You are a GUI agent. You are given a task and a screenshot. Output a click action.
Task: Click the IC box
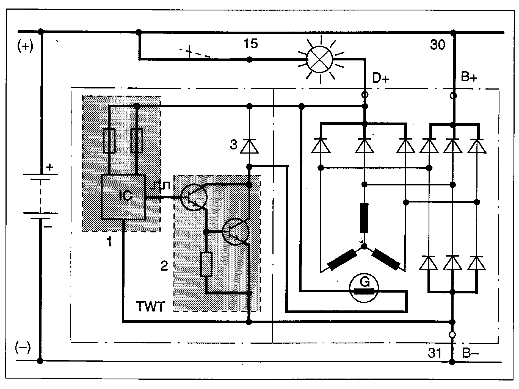pos(123,197)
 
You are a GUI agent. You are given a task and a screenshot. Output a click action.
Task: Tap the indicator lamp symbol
pos(320,60)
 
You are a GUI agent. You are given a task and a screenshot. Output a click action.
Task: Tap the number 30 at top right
pos(438,45)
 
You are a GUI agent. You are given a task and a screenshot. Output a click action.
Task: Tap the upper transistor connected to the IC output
pos(194,197)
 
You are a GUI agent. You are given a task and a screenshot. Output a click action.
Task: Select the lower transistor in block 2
pos(236,232)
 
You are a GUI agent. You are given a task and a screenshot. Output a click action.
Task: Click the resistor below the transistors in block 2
pos(206,264)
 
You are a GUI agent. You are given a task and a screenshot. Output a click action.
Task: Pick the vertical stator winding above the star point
pos(364,218)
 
